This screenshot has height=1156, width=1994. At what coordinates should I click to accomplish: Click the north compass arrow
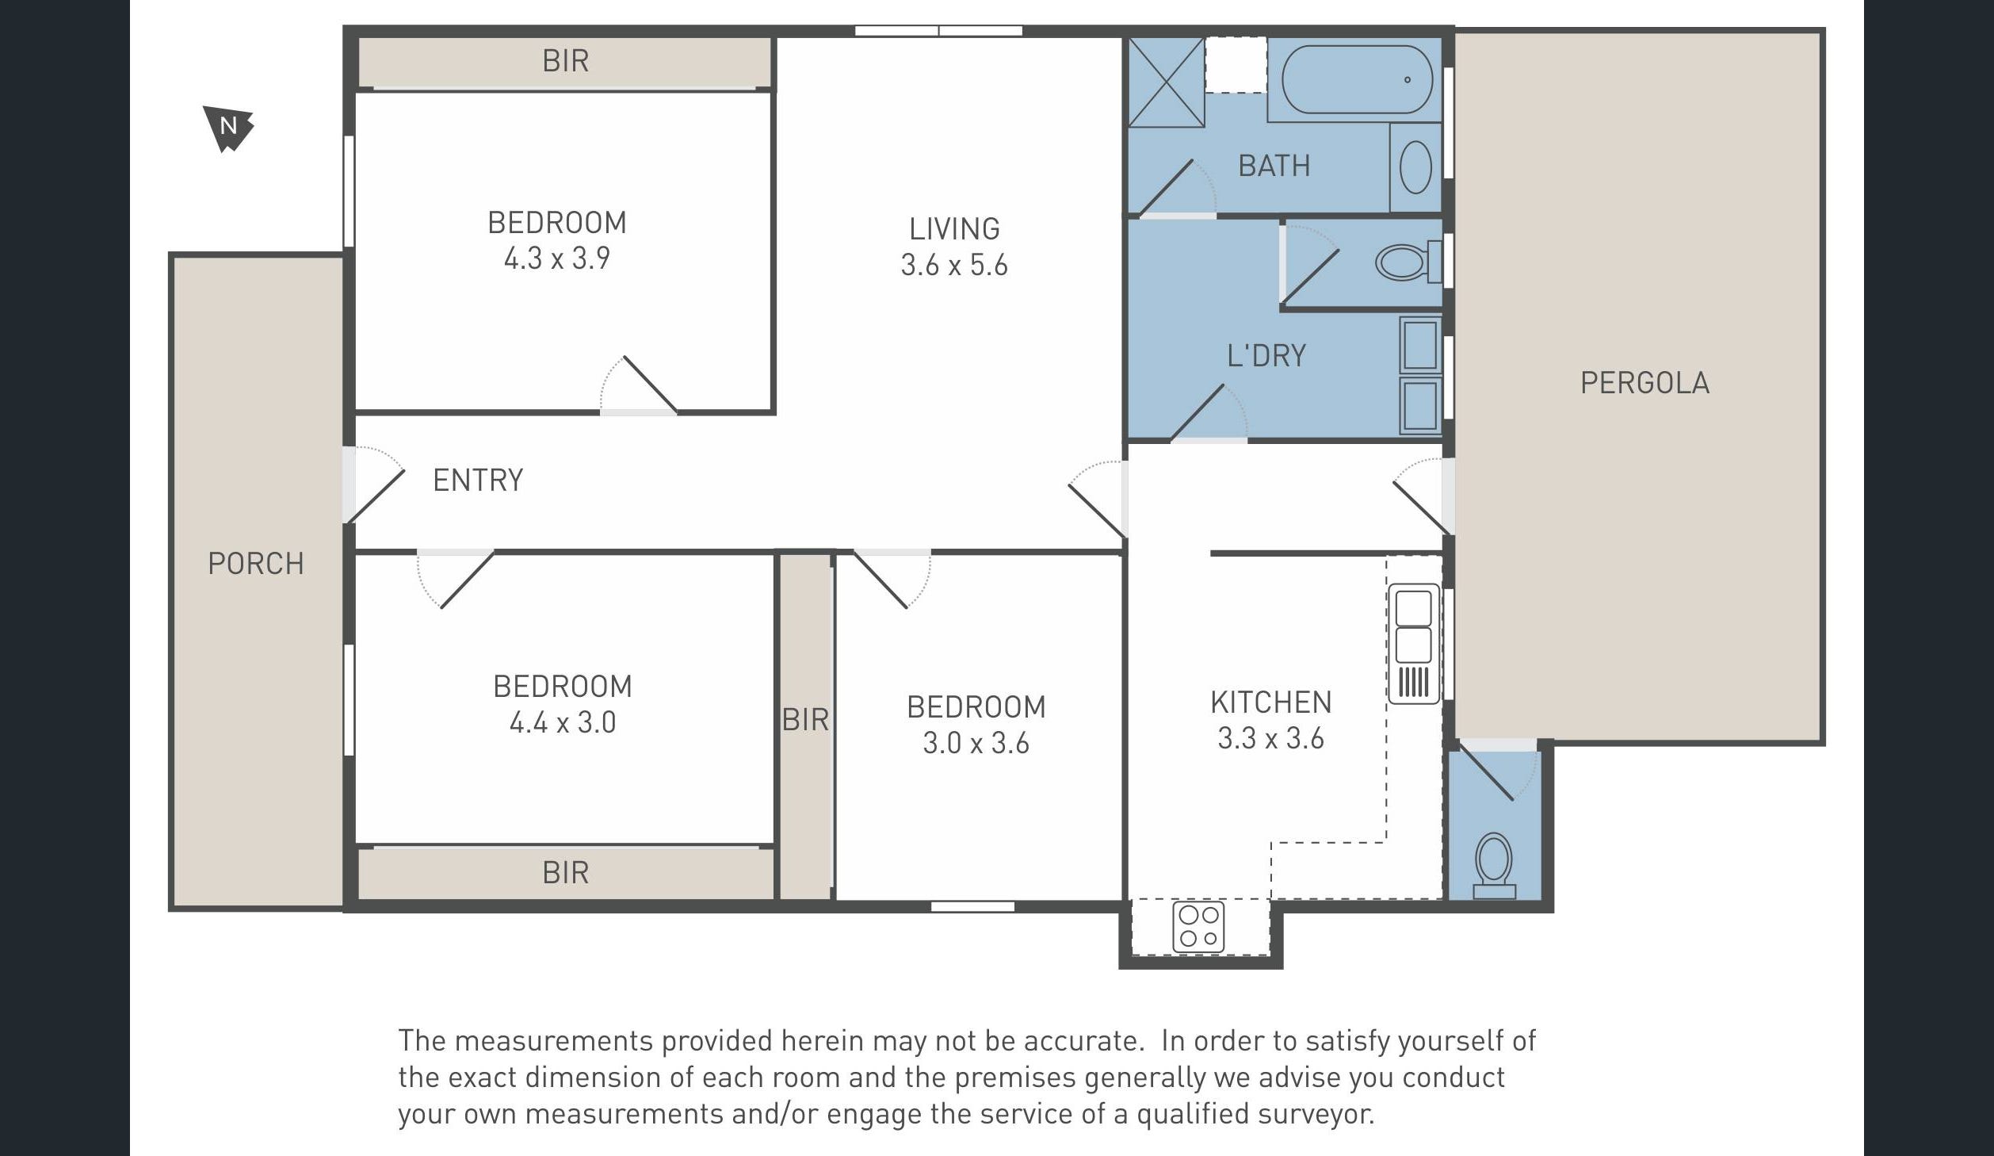click(x=228, y=128)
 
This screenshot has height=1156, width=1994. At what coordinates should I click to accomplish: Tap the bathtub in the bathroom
click(x=1357, y=79)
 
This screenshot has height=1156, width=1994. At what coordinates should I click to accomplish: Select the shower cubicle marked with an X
click(x=1166, y=82)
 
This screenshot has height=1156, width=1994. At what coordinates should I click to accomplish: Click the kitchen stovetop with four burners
click(x=1198, y=926)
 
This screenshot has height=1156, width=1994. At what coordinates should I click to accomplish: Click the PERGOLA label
click(x=1644, y=383)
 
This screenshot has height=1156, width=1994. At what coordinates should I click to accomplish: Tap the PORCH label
click(x=255, y=564)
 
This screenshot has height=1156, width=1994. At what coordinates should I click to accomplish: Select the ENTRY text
click(x=478, y=480)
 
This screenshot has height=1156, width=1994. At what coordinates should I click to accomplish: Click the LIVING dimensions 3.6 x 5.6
click(x=954, y=265)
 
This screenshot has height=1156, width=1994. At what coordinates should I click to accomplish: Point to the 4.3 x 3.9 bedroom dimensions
click(x=557, y=258)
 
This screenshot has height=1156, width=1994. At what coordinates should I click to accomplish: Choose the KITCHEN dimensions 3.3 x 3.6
click(x=1270, y=739)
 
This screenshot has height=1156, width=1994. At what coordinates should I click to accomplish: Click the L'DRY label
click(x=1266, y=355)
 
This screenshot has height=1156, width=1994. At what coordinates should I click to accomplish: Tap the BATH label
click(x=1274, y=166)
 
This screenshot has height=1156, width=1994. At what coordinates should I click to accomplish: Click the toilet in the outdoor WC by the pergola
click(x=1494, y=865)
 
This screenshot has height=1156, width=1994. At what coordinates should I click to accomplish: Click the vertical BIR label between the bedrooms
click(x=805, y=720)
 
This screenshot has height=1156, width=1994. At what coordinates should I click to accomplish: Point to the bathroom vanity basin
click(x=1415, y=168)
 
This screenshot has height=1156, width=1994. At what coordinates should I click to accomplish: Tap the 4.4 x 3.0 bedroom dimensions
click(x=563, y=722)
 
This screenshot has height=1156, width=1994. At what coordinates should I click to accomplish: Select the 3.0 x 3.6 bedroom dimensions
click(x=976, y=743)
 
